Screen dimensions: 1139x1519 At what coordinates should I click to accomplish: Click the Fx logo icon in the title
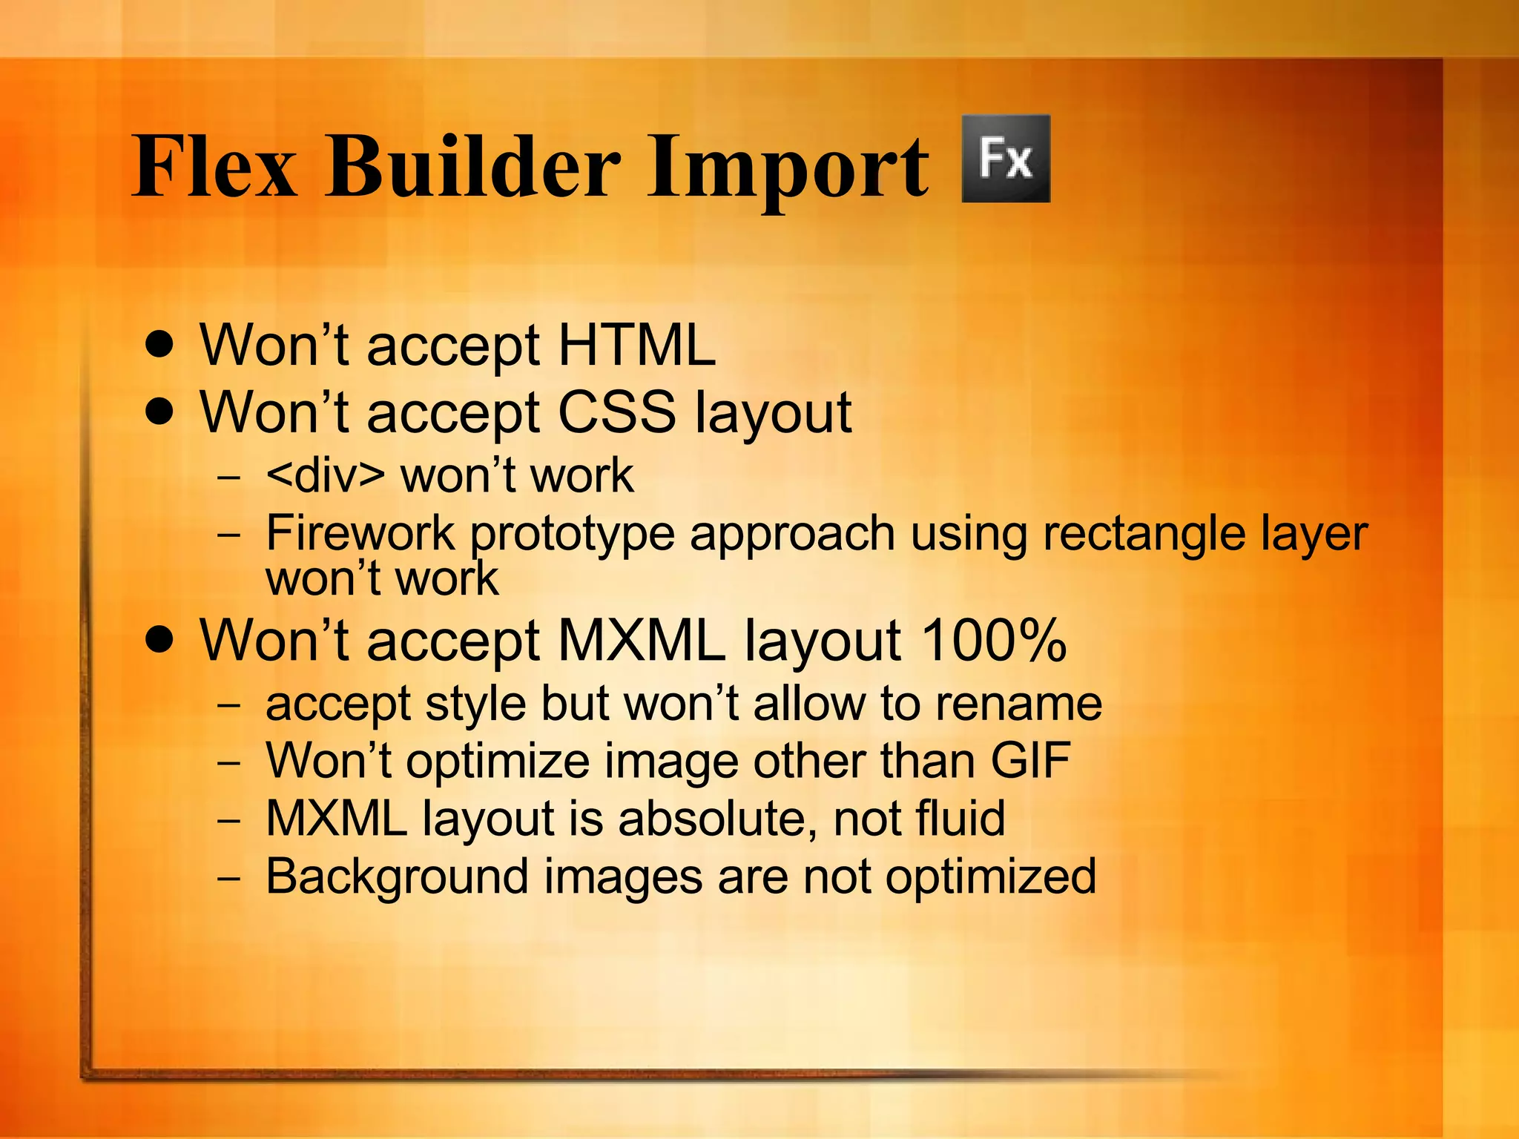[x=1005, y=159]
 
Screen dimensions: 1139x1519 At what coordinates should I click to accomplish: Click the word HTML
[x=636, y=345]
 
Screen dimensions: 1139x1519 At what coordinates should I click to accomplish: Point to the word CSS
[x=616, y=412]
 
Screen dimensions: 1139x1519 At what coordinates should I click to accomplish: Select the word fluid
[x=961, y=818]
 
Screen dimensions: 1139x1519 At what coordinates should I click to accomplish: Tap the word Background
[x=397, y=876]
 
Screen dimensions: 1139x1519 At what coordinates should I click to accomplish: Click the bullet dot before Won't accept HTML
[x=160, y=345]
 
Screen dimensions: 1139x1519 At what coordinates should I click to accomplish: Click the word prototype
[x=572, y=535]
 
